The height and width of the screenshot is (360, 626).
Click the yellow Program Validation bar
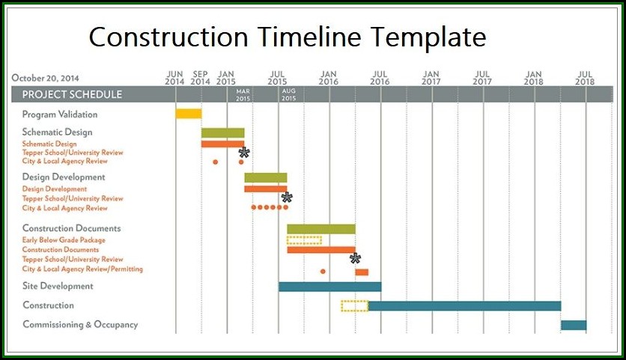click(x=189, y=114)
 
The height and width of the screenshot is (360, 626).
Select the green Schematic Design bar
click(x=223, y=133)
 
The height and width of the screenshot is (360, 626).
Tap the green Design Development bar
click(x=266, y=177)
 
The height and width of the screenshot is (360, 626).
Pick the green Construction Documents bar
click(x=321, y=229)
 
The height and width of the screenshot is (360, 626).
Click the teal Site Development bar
click(x=329, y=287)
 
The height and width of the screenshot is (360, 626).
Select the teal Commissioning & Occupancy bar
click(x=574, y=326)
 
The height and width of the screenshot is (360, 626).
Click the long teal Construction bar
click(x=464, y=306)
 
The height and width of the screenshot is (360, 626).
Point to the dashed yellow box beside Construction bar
click(x=354, y=306)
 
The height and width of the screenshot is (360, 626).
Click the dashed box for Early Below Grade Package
click(x=304, y=240)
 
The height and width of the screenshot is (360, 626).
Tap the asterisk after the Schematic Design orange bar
click(x=244, y=153)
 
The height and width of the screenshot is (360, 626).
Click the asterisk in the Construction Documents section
click(x=355, y=258)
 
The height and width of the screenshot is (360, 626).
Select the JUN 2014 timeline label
click(x=174, y=78)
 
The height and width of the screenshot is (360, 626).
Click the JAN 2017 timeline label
click(x=431, y=78)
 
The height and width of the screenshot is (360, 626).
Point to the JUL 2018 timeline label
click(x=585, y=78)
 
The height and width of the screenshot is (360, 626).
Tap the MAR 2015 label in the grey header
click(x=243, y=95)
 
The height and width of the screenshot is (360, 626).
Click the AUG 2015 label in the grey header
click(x=288, y=94)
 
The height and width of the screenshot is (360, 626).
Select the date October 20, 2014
click(x=45, y=78)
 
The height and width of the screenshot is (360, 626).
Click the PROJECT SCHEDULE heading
click(x=72, y=94)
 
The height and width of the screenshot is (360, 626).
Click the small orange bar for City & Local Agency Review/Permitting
click(x=362, y=272)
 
